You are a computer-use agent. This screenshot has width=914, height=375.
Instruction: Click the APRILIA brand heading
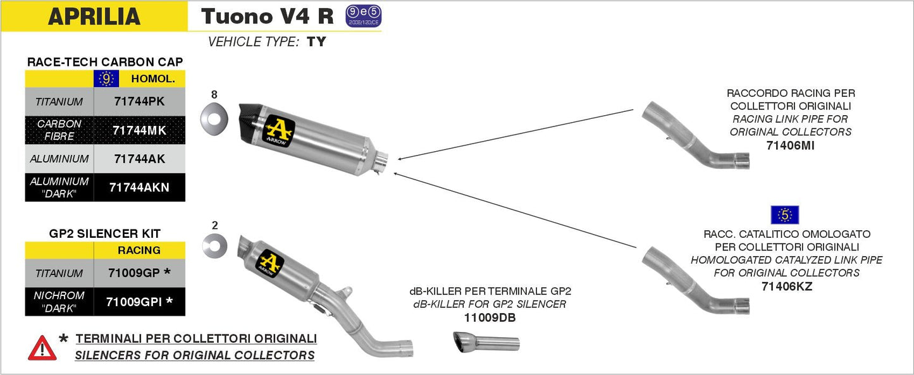(94, 16)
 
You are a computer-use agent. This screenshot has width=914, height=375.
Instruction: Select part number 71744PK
(139, 101)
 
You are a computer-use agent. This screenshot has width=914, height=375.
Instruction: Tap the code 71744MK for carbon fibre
(139, 130)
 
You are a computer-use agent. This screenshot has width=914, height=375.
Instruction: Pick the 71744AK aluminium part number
(139, 159)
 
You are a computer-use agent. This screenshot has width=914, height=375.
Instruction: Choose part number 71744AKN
(139, 187)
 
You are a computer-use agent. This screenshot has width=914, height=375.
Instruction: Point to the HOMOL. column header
(152, 79)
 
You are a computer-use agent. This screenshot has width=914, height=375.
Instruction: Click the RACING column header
(139, 250)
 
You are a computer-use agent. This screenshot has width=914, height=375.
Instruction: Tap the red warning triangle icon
(42, 348)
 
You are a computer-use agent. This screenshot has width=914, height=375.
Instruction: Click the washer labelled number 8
(214, 118)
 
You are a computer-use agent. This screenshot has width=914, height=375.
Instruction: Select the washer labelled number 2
(215, 245)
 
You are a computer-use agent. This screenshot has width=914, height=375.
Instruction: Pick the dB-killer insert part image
(486, 342)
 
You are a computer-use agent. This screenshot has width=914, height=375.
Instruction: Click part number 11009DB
(490, 318)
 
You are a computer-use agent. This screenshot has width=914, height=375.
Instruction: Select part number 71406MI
(790, 145)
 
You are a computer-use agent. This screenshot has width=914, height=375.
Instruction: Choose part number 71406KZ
(787, 286)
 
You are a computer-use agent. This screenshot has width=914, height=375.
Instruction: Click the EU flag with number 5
(784, 215)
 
